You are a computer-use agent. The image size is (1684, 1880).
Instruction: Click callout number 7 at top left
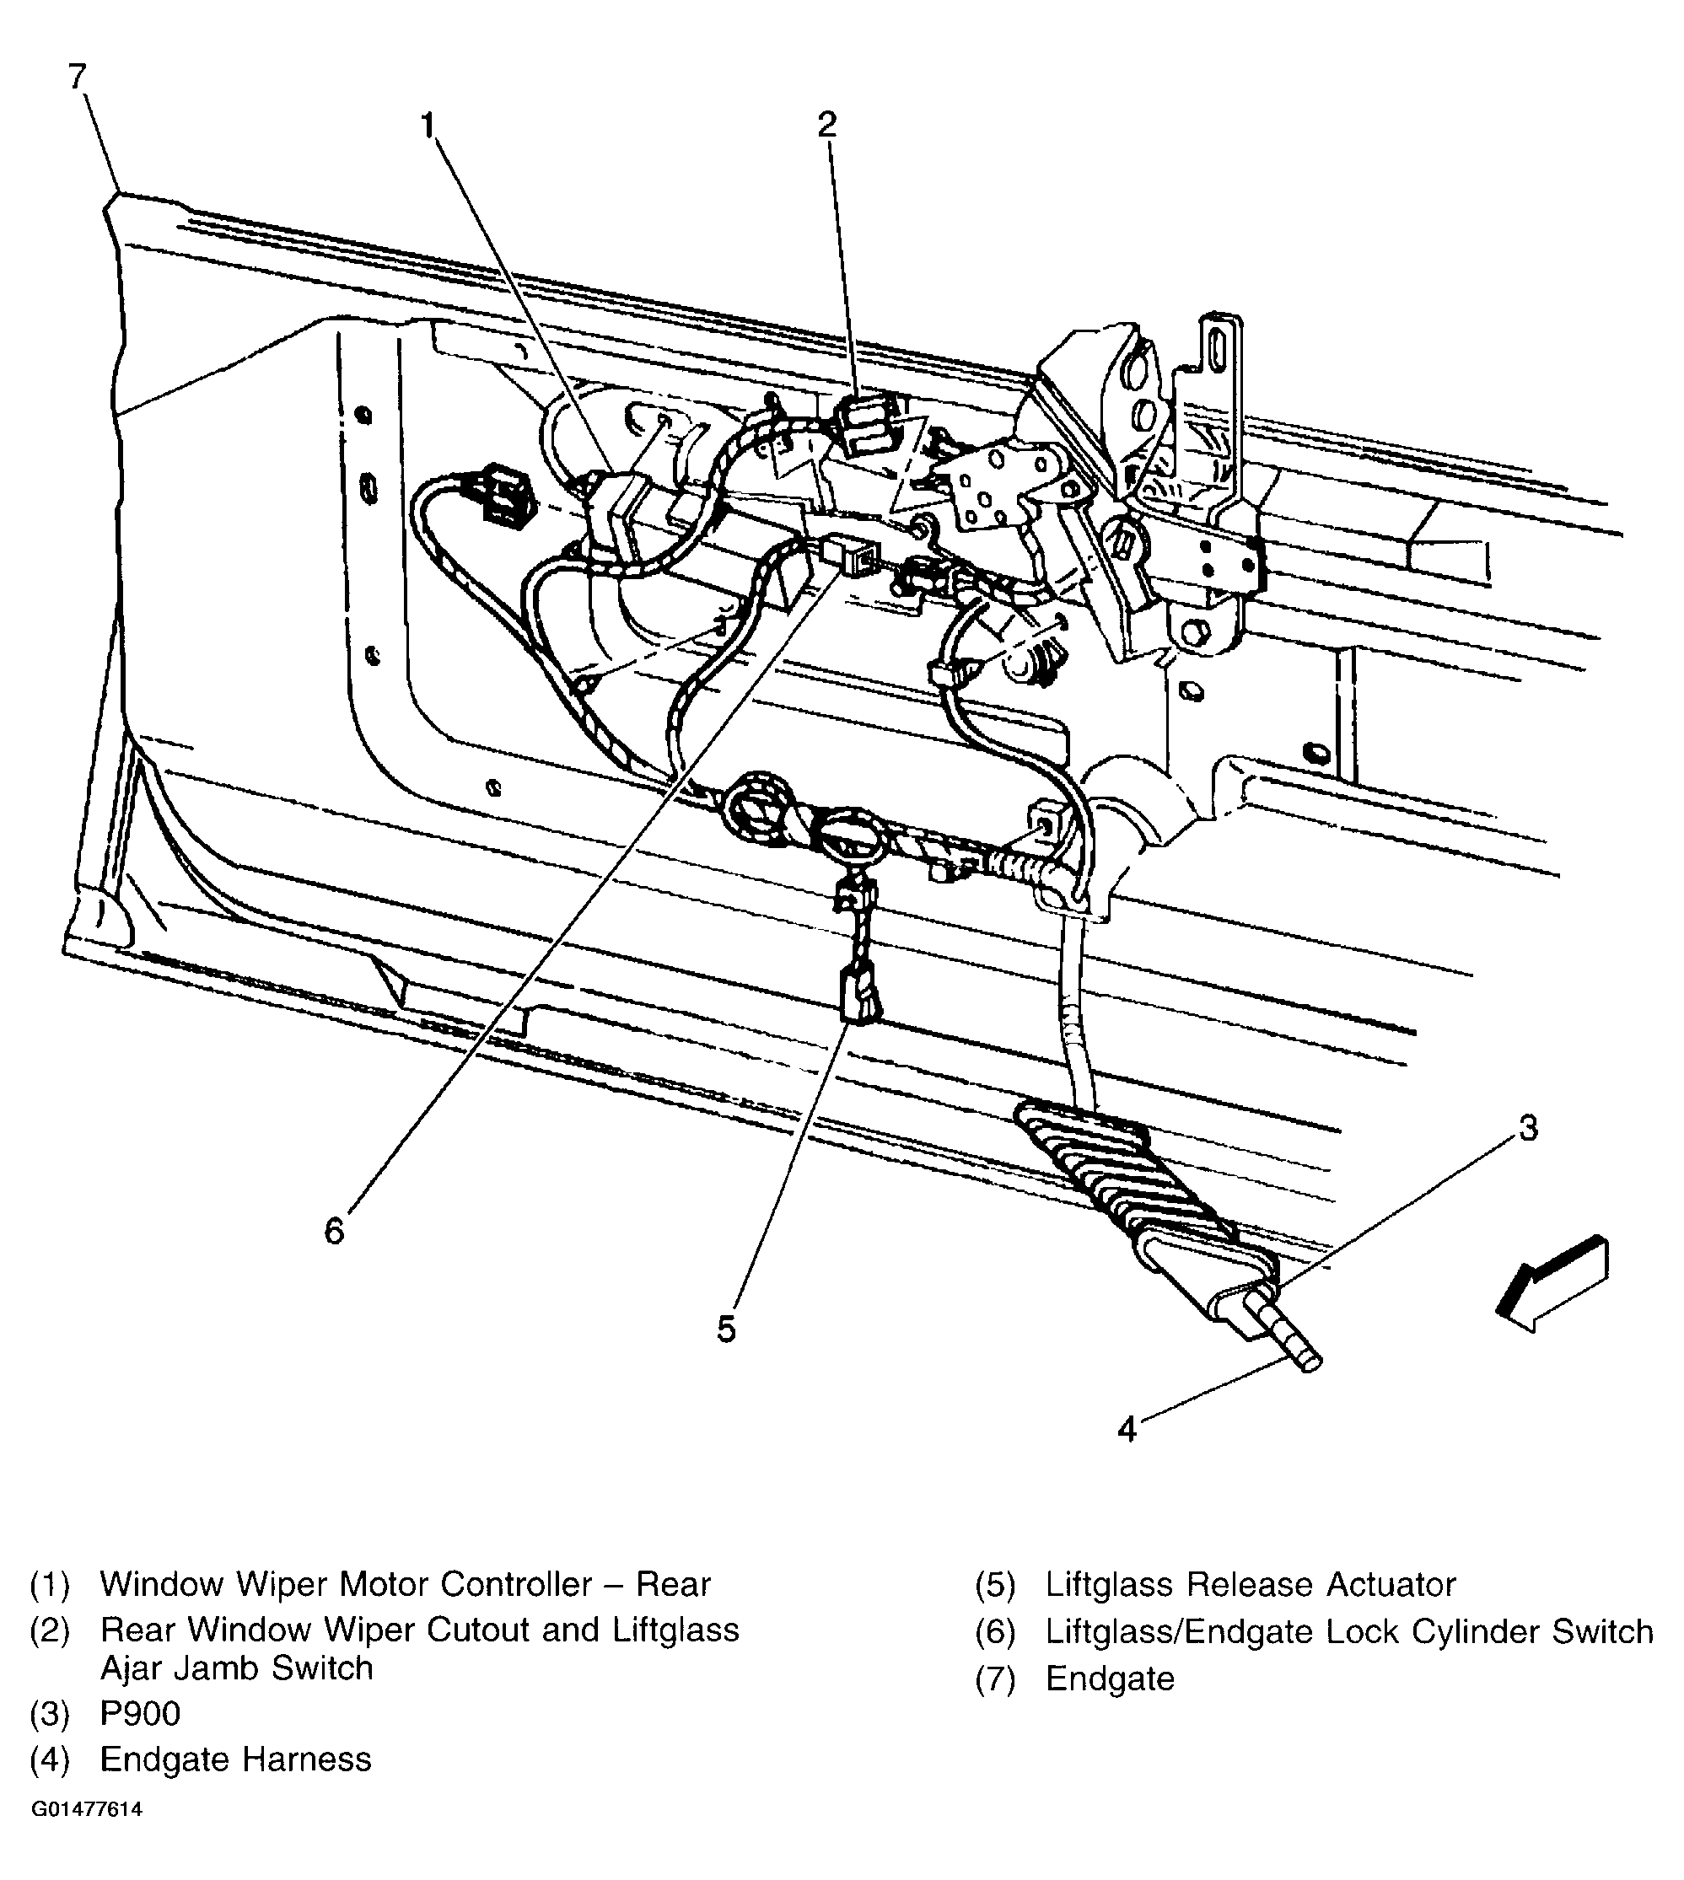(78, 77)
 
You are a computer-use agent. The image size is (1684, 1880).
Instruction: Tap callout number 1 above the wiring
(428, 125)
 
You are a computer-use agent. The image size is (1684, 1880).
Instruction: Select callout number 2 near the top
(827, 124)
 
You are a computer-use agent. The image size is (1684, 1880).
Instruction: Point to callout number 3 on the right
(1529, 1128)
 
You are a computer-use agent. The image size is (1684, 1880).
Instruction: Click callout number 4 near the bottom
(1126, 1430)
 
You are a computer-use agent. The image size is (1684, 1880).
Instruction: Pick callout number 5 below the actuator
(726, 1329)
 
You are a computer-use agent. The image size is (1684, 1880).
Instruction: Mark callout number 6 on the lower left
(334, 1231)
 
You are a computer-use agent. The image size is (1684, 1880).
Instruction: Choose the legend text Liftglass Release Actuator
(1250, 1585)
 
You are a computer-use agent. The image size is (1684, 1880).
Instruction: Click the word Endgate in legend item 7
(1110, 1679)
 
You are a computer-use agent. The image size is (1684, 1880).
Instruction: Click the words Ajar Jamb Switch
(236, 1668)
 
